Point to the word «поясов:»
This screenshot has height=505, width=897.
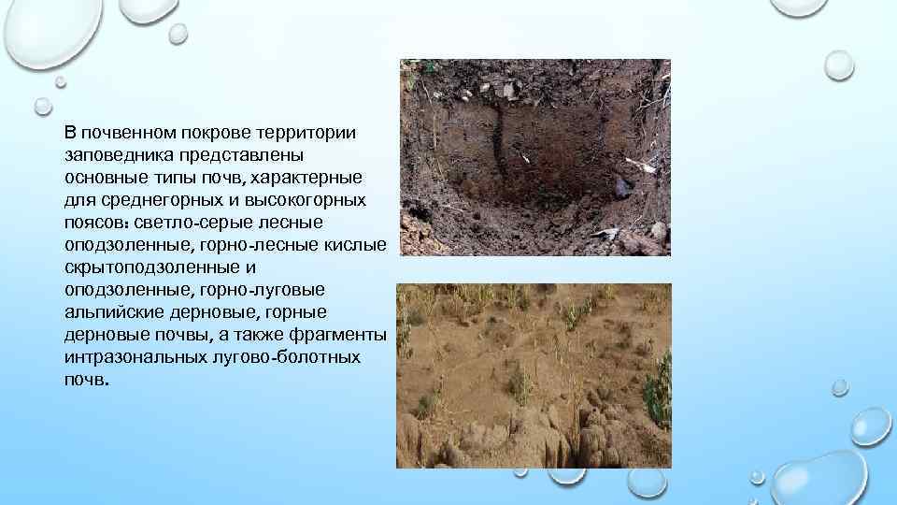pos(97,223)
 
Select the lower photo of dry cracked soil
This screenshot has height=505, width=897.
pos(534,375)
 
